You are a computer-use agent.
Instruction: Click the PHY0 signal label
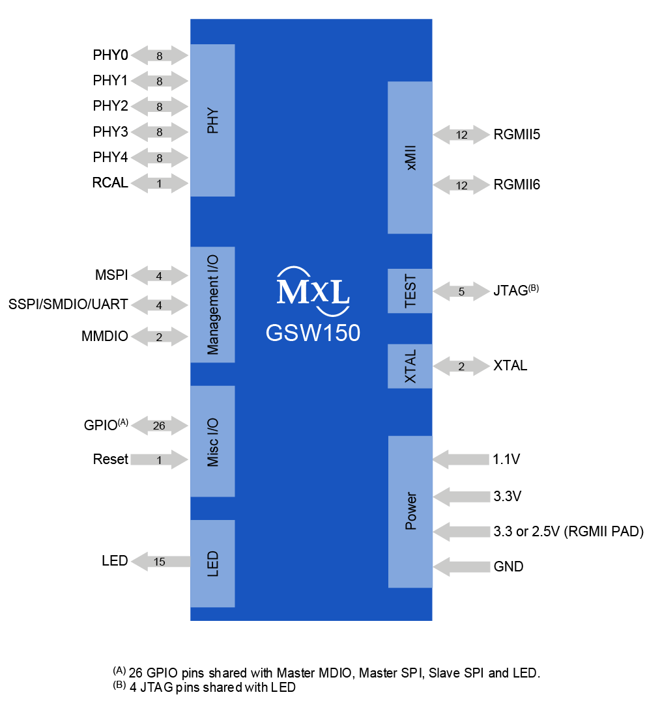110,56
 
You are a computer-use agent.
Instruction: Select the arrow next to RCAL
160,184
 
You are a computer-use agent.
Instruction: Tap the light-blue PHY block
212,120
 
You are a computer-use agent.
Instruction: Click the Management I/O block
212,305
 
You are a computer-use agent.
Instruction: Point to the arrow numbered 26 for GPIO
160,426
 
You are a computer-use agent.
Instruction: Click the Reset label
110,459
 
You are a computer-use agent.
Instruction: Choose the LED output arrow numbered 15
160,561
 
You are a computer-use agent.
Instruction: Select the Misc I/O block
212,441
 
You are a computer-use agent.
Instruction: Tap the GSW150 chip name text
313,333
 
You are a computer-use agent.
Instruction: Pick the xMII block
410,157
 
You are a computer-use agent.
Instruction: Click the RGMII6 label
517,185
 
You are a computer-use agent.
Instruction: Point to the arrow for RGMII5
461,135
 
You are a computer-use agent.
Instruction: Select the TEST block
410,291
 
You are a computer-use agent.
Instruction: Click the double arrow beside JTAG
461,291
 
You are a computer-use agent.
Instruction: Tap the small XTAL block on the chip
410,366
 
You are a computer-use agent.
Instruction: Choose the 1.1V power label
506,459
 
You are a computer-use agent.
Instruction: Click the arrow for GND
461,567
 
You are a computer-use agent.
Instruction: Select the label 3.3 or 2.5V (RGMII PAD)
568,532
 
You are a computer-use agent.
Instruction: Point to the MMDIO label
104,336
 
